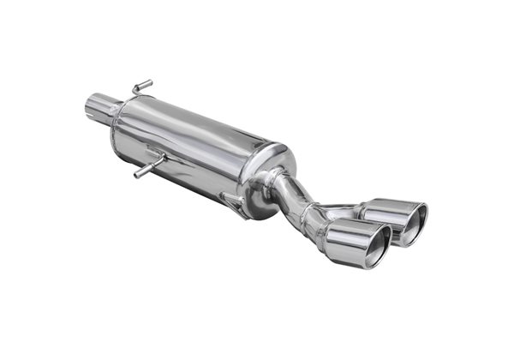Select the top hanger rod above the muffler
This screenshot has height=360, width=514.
tap(141, 87)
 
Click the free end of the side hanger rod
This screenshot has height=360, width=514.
tap(137, 174)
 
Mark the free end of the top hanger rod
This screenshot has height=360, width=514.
tap(149, 82)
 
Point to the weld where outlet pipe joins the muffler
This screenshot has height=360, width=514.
tap(274, 184)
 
